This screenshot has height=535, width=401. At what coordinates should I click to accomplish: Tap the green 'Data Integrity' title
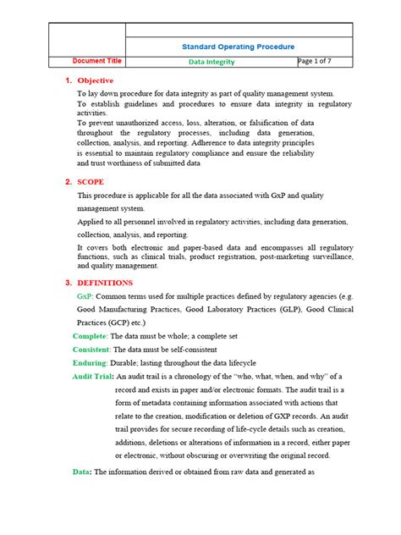pos(211,62)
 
